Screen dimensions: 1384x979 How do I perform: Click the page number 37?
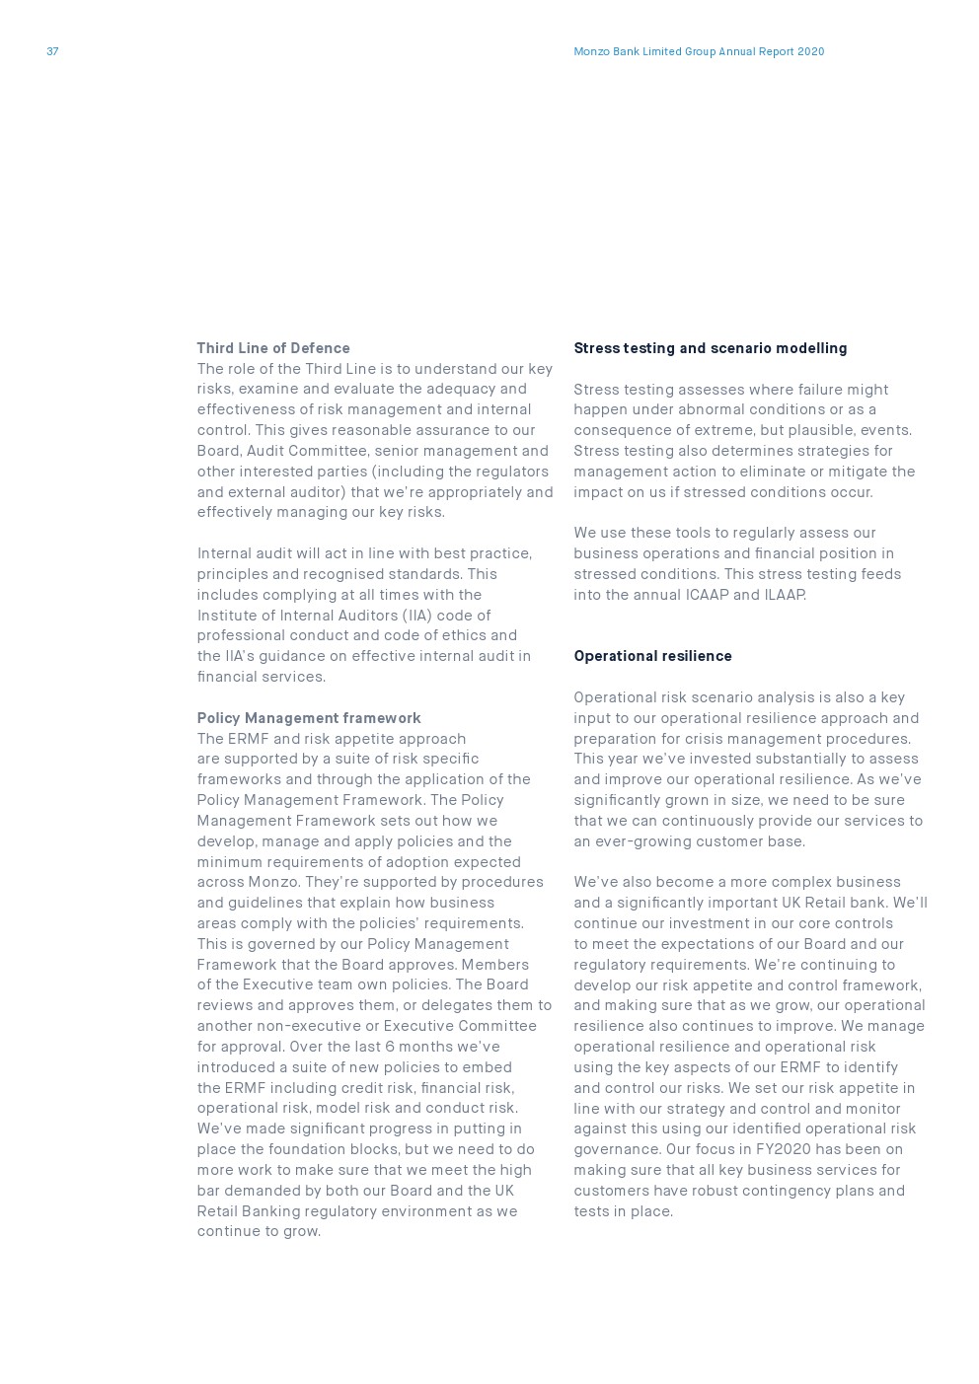point(52,51)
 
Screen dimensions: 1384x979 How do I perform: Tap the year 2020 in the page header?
point(810,51)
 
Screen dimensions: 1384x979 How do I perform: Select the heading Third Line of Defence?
point(273,348)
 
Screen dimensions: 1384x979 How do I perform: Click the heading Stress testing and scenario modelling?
point(710,348)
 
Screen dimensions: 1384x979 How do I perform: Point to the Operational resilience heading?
point(652,656)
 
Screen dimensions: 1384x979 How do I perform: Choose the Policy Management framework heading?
point(308,718)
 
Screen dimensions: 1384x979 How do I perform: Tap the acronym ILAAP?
point(785,595)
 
